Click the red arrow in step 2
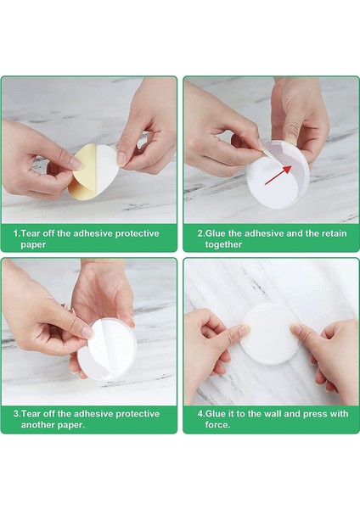[x=278, y=175]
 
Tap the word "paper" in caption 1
[x=33, y=244]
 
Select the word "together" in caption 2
[x=223, y=244]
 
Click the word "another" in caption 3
[x=37, y=425]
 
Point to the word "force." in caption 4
[x=217, y=425]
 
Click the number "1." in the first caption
[x=17, y=233]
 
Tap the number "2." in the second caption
[x=201, y=233]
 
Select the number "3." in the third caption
[x=17, y=414]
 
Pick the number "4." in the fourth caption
[x=201, y=414]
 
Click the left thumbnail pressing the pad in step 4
[x=244, y=331]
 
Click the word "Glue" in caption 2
[x=216, y=233]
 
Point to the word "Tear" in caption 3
[x=31, y=414]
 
